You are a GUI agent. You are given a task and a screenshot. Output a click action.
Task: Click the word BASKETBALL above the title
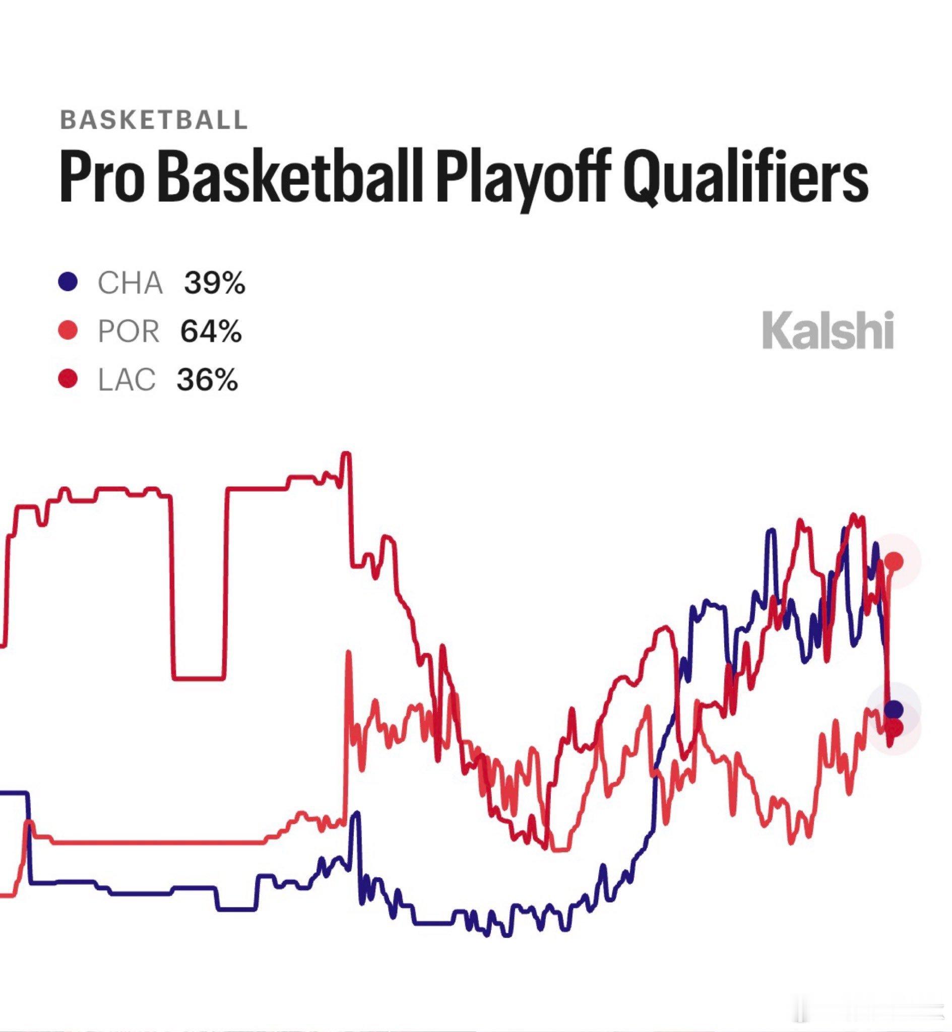(154, 120)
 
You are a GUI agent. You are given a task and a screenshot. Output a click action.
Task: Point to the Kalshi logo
(828, 330)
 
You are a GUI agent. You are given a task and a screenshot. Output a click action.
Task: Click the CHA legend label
(131, 283)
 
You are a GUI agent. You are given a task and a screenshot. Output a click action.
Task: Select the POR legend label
(129, 331)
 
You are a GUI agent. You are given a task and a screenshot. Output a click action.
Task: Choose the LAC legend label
(126, 379)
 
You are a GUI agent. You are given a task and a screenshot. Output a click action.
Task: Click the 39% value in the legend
(215, 283)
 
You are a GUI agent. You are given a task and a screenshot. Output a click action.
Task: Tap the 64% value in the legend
(211, 331)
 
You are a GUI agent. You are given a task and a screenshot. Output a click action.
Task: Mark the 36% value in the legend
(208, 379)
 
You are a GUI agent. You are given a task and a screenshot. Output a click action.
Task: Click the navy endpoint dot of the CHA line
(894, 709)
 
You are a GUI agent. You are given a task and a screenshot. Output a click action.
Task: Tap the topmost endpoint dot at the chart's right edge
(895, 561)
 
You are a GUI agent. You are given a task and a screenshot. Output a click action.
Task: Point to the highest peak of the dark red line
(346, 454)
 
